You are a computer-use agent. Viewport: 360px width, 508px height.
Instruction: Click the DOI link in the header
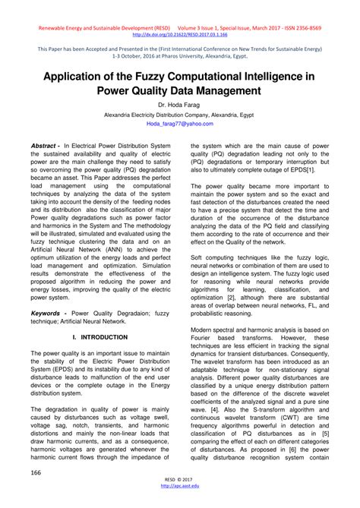[x=179, y=33]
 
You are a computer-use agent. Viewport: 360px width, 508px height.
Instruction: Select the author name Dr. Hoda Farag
[x=180, y=104]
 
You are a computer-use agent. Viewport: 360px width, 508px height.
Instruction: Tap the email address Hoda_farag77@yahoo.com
[x=180, y=123]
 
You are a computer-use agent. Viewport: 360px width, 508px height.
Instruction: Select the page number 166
[x=35, y=473]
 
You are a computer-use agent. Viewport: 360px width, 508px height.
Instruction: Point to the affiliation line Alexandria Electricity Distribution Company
[x=180, y=114]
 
